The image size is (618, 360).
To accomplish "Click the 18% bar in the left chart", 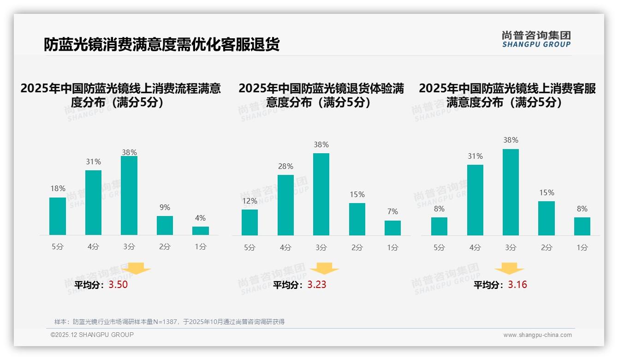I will pyautogui.click(x=58, y=216).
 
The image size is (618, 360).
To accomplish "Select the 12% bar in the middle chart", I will pyautogui.click(x=250, y=222).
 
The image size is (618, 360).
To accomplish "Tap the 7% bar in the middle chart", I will pyautogui.click(x=392, y=228).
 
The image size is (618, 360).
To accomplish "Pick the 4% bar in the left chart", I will pyautogui.click(x=201, y=231).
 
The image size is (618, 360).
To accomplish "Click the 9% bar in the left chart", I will pyautogui.click(x=165, y=225).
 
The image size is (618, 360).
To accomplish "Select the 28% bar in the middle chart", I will pyautogui.click(x=285, y=205).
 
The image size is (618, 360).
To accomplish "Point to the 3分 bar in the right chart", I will pyautogui.click(x=511, y=192).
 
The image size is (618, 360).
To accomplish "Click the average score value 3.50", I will pyautogui.click(x=118, y=285).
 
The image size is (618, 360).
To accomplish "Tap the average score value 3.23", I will pyautogui.click(x=317, y=285).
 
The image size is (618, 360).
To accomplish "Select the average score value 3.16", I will pyautogui.click(x=517, y=285).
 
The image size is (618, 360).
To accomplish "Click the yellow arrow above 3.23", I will pyautogui.click(x=324, y=268).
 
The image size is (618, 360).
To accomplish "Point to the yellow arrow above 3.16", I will pyautogui.click(x=509, y=268).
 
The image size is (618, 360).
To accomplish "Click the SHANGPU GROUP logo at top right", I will pyautogui.click(x=536, y=39).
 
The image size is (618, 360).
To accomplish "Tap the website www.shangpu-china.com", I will pyautogui.click(x=537, y=335).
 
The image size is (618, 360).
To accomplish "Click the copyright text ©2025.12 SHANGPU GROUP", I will pyautogui.click(x=92, y=335).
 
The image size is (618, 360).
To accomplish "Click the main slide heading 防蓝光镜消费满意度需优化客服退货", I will pyautogui.click(x=161, y=45).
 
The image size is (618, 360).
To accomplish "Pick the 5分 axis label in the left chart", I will pyautogui.click(x=58, y=247).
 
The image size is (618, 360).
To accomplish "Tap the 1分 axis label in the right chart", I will pyautogui.click(x=582, y=248).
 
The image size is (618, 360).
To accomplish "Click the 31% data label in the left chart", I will pyautogui.click(x=93, y=162).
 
